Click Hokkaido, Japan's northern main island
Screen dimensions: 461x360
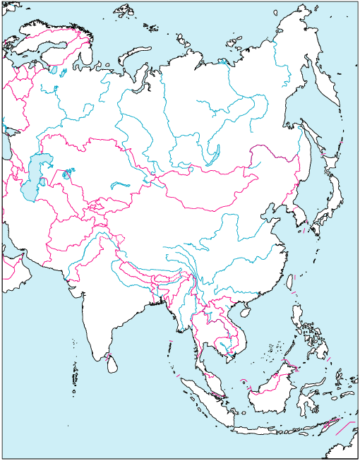click(332, 185)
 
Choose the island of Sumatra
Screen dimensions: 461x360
click(202, 395)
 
